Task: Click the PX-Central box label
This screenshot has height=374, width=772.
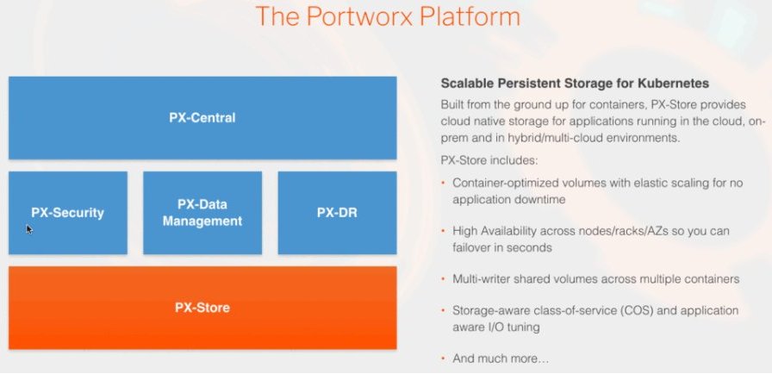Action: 202,118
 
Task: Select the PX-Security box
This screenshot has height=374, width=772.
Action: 68,213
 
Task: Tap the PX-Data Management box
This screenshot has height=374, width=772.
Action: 202,213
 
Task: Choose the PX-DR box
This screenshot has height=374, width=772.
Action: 337,213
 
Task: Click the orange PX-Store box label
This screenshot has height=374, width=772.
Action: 202,308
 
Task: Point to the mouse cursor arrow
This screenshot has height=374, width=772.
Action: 29,229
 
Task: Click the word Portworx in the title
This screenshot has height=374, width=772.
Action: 363,16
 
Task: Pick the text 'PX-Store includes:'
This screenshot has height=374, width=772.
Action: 490,160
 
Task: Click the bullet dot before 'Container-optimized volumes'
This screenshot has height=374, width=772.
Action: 443,183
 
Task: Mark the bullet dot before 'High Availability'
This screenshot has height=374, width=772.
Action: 443,231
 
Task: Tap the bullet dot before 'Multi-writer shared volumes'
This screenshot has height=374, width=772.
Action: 443,279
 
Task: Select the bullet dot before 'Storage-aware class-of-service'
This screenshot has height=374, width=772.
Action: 443,310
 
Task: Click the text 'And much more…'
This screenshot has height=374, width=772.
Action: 501,358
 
